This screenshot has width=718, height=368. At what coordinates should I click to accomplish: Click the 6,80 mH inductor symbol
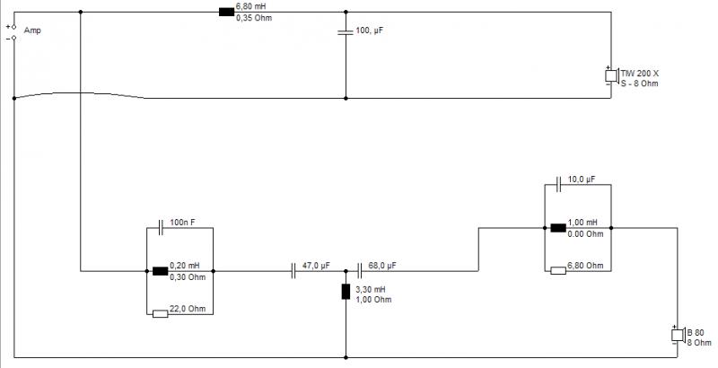(x=226, y=12)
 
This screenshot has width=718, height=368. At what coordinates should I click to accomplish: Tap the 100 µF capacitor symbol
(x=346, y=33)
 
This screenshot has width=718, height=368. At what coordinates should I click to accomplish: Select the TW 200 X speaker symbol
(x=610, y=74)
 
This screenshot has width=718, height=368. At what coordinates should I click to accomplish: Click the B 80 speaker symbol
(x=678, y=336)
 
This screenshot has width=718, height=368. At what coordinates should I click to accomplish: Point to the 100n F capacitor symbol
(x=160, y=227)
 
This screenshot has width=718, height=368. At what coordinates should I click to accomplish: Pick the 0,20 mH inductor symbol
(x=160, y=270)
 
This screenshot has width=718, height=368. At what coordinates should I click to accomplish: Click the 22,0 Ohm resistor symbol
(x=161, y=313)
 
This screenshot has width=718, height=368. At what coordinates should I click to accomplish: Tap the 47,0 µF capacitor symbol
(x=293, y=270)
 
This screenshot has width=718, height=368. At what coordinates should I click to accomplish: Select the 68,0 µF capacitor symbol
(x=359, y=270)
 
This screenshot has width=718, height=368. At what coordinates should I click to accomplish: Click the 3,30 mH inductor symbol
(x=346, y=291)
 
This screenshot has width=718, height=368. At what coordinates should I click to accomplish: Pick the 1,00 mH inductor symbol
(x=558, y=227)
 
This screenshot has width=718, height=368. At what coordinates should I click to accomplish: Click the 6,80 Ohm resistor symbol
(x=558, y=270)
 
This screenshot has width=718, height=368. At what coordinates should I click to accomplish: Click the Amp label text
(x=32, y=31)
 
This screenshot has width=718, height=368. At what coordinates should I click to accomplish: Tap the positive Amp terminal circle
(x=13, y=27)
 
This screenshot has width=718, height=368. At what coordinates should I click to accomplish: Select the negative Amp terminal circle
(x=13, y=38)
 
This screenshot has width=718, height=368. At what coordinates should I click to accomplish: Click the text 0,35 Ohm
(x=251, y=18)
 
